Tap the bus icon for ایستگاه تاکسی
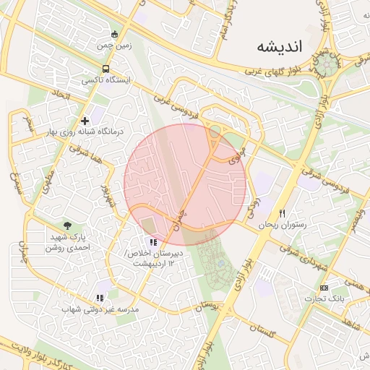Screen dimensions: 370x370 click(x=106, y=69)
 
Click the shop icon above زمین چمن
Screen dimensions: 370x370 click(x=114, y=34)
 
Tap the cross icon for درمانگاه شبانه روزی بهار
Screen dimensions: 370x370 click(x=85, y=121)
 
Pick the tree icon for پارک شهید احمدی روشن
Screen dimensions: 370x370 click(x=67, y=225)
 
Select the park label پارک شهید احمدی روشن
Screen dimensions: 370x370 click(x=69, y=241)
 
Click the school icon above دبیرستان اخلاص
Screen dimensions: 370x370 click(x=152, y=242)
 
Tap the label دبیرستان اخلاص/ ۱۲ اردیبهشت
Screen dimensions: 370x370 click(x=154, y=259)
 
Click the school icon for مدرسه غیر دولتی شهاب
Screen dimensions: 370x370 click(x=100, y=298)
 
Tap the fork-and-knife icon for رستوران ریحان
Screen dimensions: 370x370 click(x=283, y=213)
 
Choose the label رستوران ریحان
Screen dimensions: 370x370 click(x=283, y=225)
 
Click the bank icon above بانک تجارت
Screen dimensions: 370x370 click(x=323, y=287)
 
